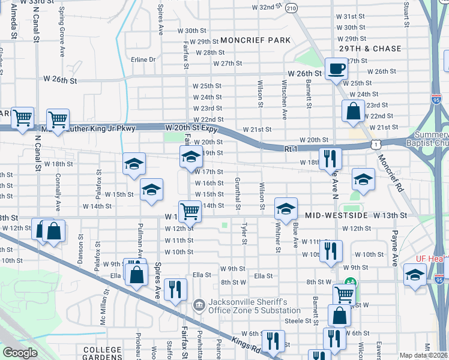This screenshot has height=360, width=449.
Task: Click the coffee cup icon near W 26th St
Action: click(x=336, y=68)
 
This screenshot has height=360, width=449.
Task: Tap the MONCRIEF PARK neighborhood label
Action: click(x=255, y=40)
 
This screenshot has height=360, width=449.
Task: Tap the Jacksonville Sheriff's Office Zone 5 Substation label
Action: click(x=254, y=306)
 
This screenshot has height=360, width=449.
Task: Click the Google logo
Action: click(x=20, y=353)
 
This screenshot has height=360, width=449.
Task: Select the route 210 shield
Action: click(x=292, y=8)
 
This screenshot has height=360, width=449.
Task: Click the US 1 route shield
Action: click(x=375, y=145)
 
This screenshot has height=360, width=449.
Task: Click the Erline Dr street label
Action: click(x=143, y=59)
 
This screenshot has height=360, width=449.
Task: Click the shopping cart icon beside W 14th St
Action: click(x=190, y=210)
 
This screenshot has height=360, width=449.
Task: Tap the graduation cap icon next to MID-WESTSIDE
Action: click(x=286, y=209)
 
